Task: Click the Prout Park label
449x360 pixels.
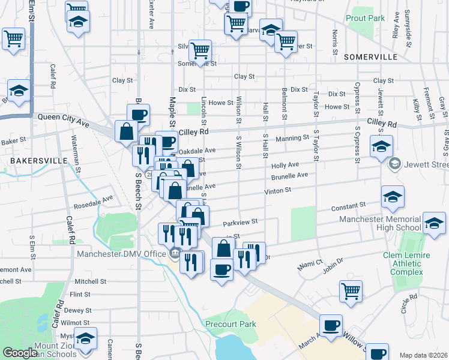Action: pos(365,19)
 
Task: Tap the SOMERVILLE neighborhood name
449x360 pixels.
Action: pos(371,57)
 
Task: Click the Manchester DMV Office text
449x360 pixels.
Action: pos(121,253)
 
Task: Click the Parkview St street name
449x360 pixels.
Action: pos(240,221)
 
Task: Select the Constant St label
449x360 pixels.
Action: pos(345,209)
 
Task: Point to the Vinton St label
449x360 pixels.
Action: pos(278,190)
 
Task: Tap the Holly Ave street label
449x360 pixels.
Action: pos(285,164)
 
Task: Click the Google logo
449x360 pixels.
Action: pos(20,353)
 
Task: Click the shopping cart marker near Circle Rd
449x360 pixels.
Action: pos(351,291)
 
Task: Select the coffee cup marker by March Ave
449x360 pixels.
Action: pos(331,325)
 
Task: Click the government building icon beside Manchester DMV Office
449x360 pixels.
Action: pos(175,253)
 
